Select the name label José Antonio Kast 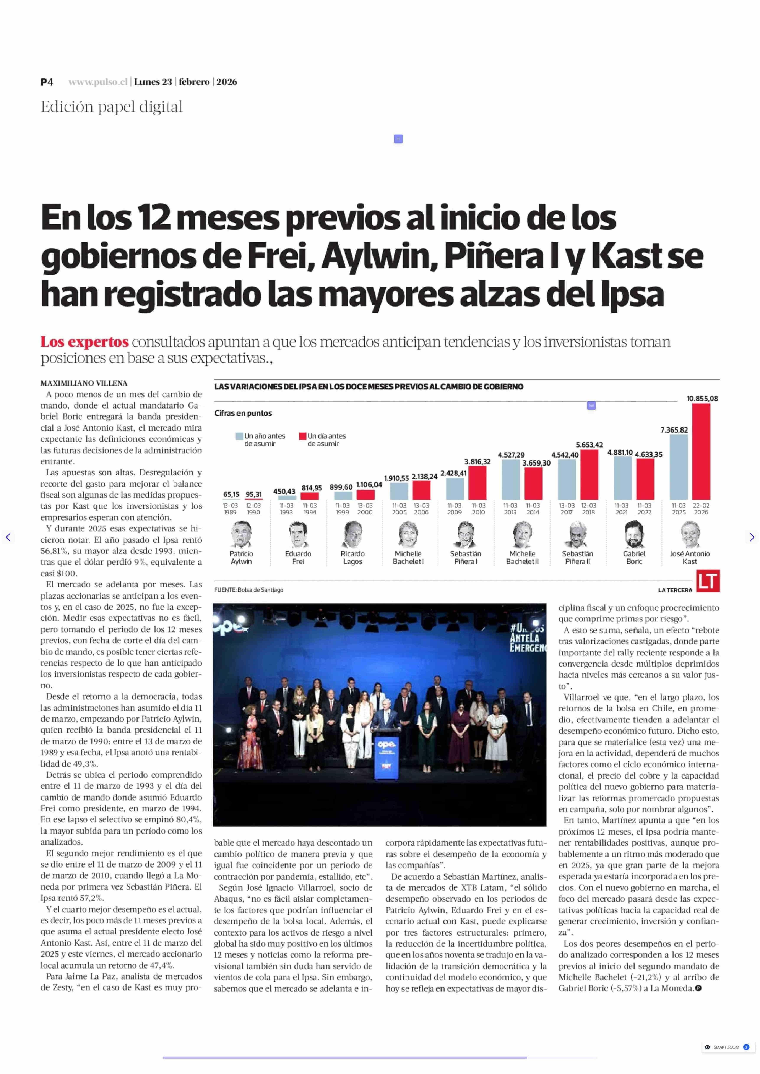tap(690, 557)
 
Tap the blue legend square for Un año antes tap(239, 436)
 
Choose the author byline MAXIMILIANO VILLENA tap(84, 383)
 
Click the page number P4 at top tap(46, 82)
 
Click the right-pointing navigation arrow tap(752, 537)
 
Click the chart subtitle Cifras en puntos tap(243, 413)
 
